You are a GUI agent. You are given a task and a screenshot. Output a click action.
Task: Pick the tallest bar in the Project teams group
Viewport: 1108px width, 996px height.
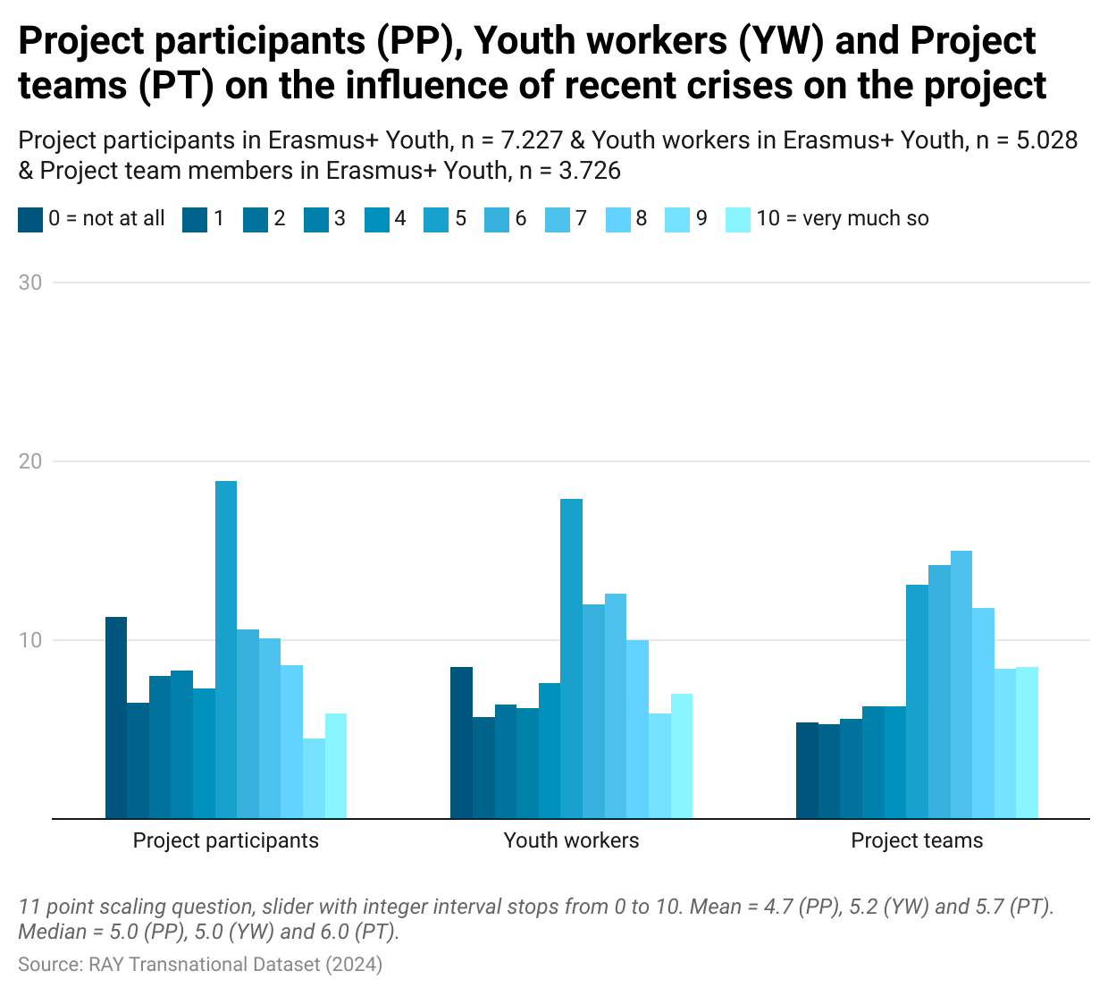pyautogui.click(x=961, y=685)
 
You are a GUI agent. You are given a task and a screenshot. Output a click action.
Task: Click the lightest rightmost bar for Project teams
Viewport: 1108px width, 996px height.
pyautogui.click(x=1027, y=743)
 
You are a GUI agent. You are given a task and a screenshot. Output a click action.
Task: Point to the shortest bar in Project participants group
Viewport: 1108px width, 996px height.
pyautogui.click(x=314, y=778)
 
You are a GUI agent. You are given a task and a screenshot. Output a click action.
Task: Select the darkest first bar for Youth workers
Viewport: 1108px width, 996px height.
pyautogui.click(x=461, y=743)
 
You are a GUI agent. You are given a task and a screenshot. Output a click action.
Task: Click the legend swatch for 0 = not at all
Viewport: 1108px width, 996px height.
pyautogui.click(x=29, y=219)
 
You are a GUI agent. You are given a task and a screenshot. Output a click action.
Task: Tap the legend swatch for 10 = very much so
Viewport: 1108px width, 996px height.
pyautogui.click(x=738, y=219)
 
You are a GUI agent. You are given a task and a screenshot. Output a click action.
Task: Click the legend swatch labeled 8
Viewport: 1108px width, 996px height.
pyautogui.click(x=617, y=219)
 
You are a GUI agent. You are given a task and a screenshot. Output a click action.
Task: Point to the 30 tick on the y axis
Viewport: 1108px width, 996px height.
pyautogui.click(x=30, y=283)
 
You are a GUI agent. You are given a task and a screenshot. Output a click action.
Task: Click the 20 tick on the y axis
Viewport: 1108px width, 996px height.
pyautogui.click(x=30, y=461)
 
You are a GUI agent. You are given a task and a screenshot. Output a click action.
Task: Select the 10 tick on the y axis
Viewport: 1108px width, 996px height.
pyautogui.click(x=30, y=640)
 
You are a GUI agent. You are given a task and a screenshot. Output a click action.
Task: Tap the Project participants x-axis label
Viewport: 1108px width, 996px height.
pyautogui.click(x=226, y=840)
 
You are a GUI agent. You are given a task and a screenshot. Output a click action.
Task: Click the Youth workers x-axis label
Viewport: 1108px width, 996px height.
pyautogui.click(x=571, y=840)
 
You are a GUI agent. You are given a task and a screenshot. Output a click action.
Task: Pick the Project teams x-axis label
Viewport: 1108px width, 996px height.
pyautogui.click(x=917, y=840)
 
